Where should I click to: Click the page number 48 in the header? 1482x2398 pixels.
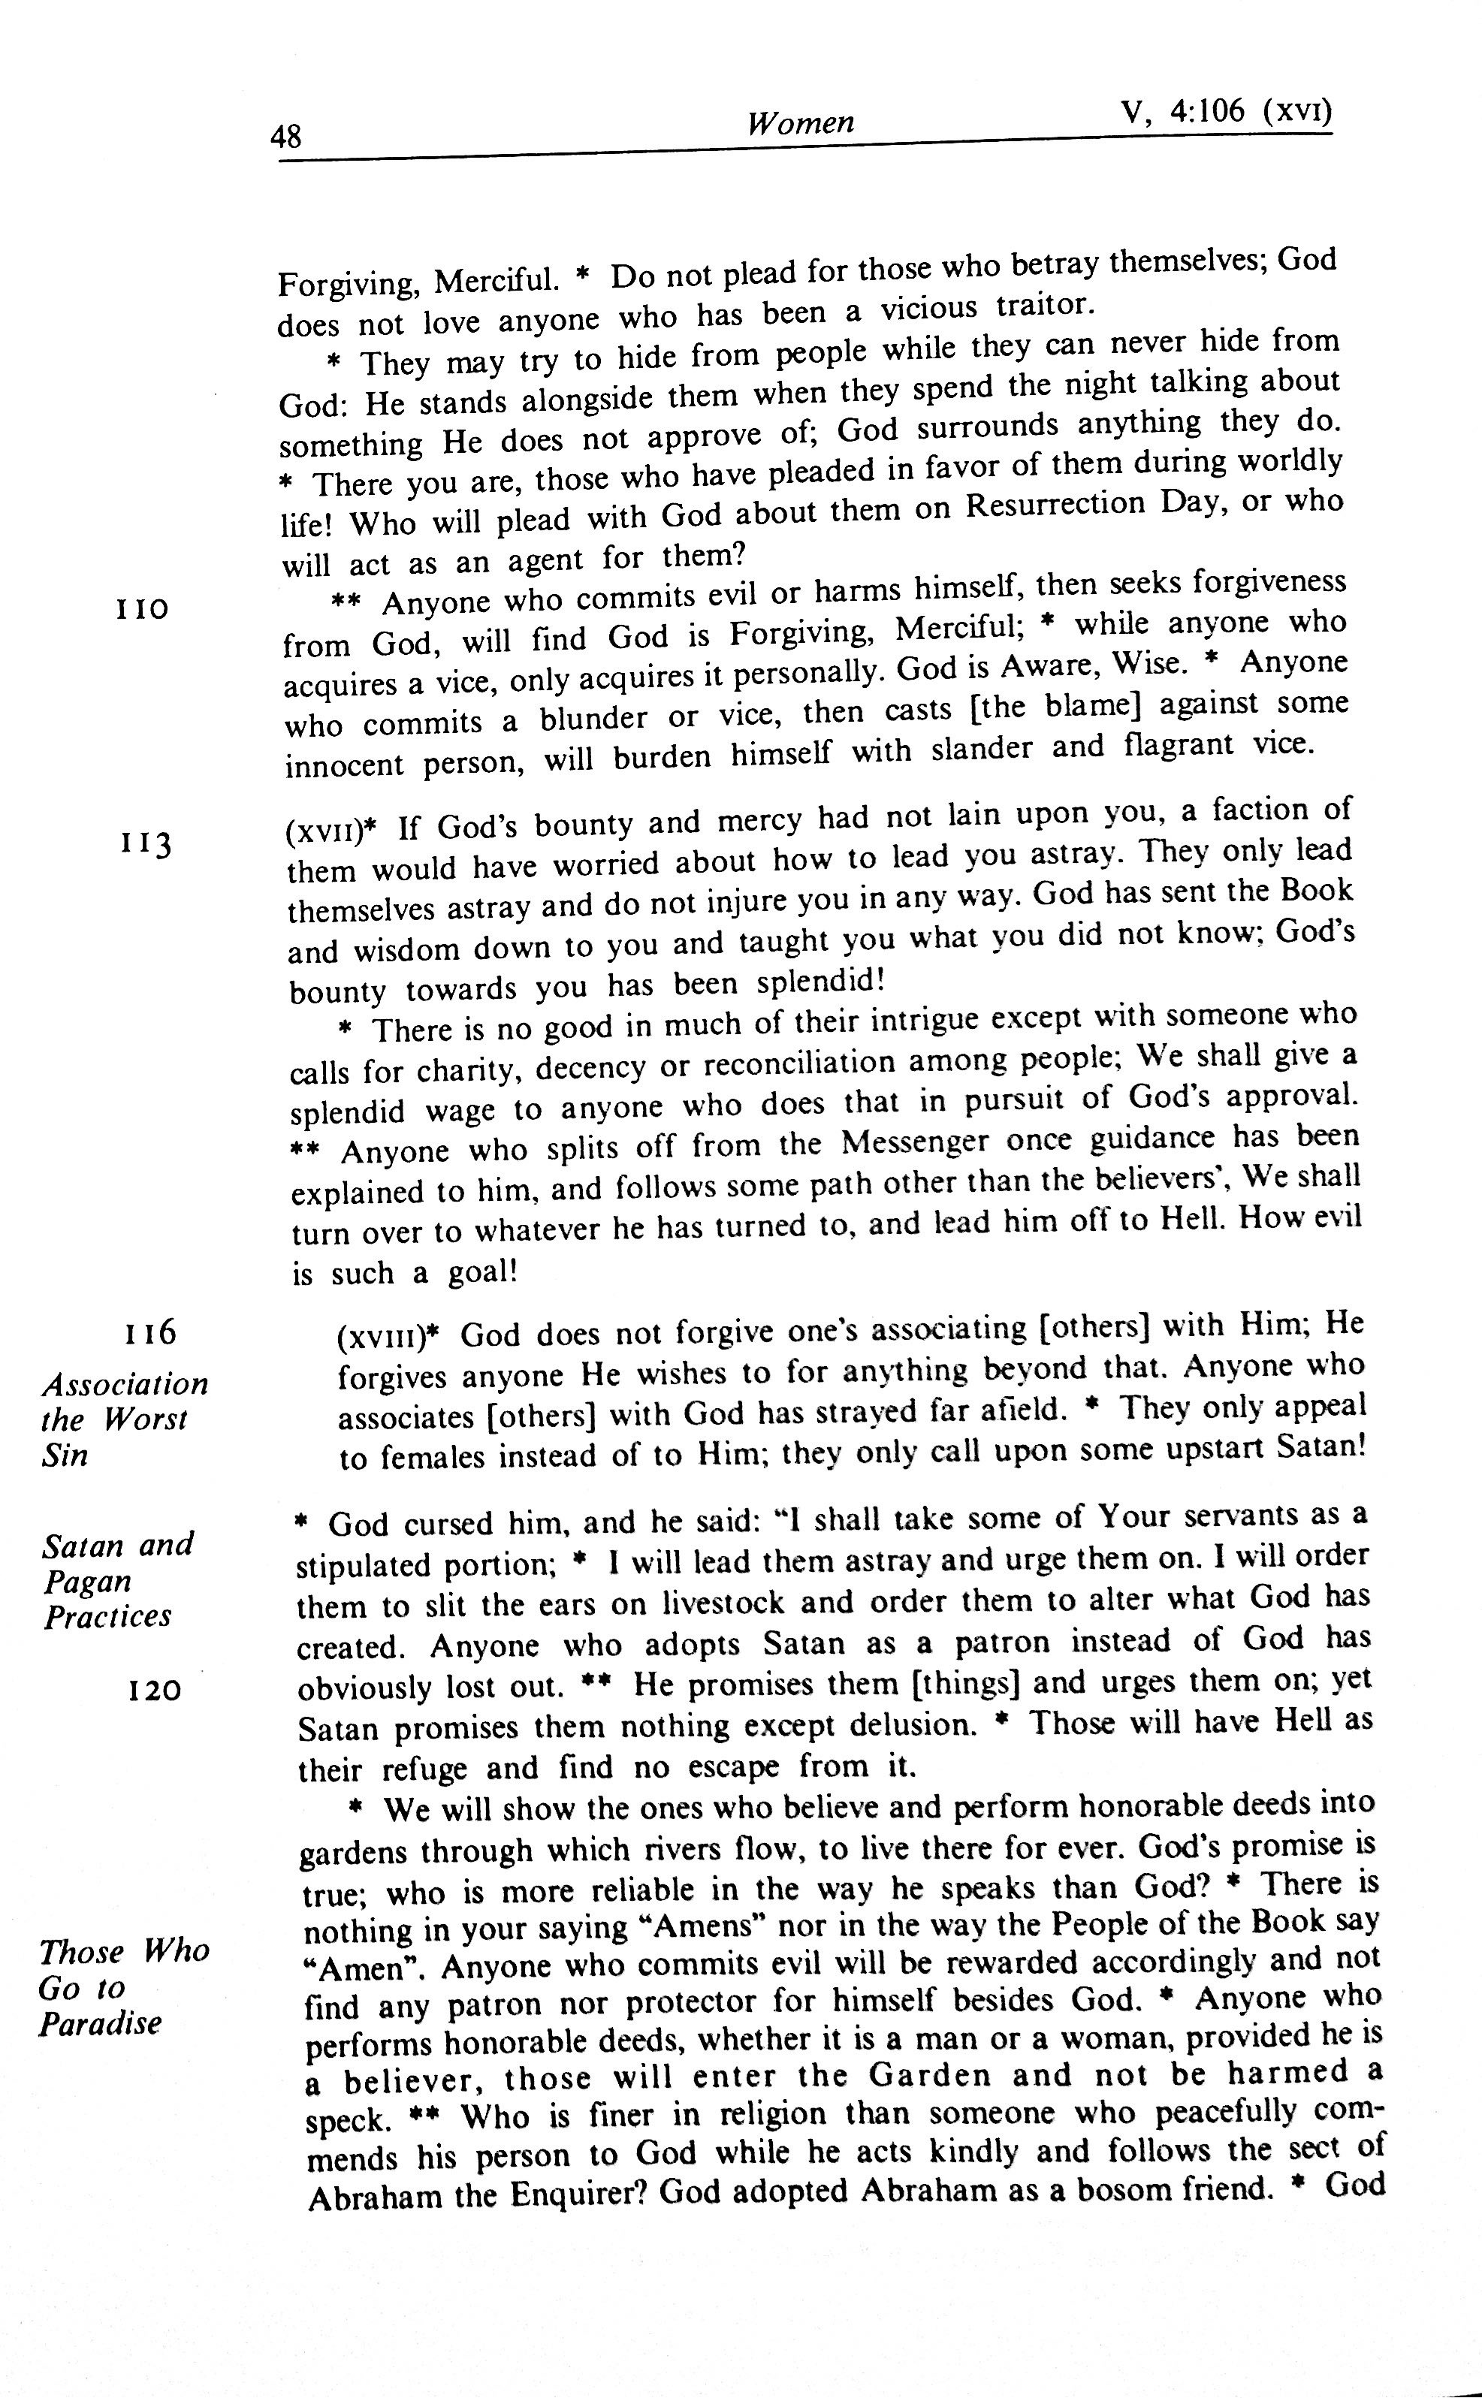click(x=286, y=136)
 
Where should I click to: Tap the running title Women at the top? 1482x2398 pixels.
click(x=800, y=122)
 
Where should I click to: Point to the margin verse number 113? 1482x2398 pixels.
click(x=146, y=843)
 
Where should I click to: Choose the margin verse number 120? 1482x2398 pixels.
click(x=155, y=1691)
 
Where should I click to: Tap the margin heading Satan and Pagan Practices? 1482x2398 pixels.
click(x=118, y=1581)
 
